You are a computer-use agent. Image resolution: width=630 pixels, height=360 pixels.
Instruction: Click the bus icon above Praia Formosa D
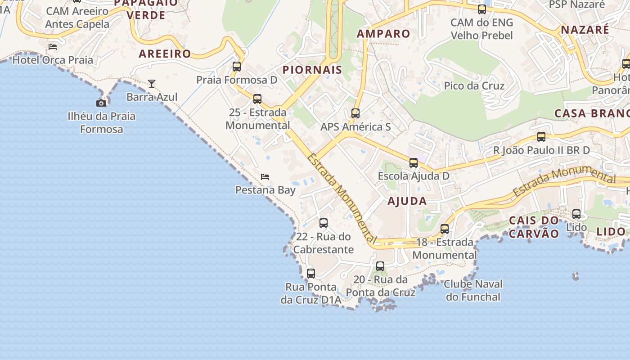(x=237, y=67)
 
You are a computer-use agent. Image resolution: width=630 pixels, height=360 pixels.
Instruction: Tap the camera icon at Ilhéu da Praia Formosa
(x=101, y=103)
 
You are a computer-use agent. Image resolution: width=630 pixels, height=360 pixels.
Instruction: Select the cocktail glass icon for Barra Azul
(x=152, y=84)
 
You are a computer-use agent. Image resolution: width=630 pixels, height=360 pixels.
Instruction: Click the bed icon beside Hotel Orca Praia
(x=53, y=46)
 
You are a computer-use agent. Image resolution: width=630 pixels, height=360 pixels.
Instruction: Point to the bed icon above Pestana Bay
(x=265, y=177)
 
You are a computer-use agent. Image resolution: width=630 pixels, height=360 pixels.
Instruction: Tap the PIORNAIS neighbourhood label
(x=312, y=70)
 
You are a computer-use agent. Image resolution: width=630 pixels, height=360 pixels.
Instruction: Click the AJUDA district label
(x=407, y=201)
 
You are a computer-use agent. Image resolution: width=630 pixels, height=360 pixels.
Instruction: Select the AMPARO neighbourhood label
(x=383, y=34)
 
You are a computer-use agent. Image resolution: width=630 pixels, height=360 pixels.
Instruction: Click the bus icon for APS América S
(x=355, y=113)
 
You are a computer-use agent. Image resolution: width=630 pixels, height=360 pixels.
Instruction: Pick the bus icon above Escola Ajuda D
(x=414, y=163)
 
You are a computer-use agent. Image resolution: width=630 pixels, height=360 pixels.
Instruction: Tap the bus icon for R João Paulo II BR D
(x=541, y=136)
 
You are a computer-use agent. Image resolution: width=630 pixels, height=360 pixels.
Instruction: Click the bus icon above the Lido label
(x=576, y=214)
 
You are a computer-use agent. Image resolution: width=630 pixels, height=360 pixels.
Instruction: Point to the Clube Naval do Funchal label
(x=473, y=290)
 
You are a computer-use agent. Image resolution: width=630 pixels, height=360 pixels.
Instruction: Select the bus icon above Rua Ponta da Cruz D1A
(x=310, y=273)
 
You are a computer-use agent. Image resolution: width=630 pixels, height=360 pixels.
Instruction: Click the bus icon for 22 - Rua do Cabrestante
(x=324, y=223)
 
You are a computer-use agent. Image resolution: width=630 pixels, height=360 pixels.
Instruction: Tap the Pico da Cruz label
(x=474, y=85)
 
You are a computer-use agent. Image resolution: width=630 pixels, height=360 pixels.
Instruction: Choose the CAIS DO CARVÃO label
(x=534, y=227)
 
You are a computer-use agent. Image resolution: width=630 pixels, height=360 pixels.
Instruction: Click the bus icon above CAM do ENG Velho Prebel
(x=482, y=9)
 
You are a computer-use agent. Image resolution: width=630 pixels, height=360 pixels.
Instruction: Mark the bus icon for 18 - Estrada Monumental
(x=445, y=229)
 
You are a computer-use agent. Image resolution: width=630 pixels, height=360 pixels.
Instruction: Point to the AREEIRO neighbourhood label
(x=165, y=54)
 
